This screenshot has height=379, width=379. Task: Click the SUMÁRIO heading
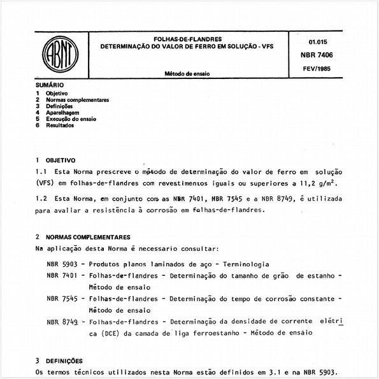[x=50, y=85]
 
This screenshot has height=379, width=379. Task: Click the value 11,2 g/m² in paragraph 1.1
[x=318, y=183]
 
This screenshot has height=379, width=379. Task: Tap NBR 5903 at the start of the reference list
[x=62, y=264]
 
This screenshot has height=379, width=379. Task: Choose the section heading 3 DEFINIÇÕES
[x=61, y=361]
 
